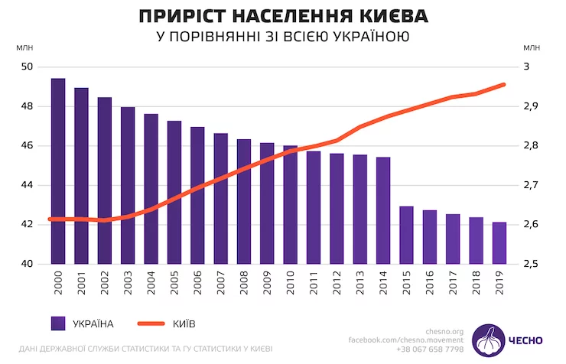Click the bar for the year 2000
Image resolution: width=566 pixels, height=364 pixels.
click(x=58, y=171)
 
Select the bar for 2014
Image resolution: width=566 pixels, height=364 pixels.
click(x=383, y=210)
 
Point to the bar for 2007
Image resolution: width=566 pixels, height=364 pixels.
click(x=220, y=199)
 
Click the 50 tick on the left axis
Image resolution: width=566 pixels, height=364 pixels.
click(x=26, y=67)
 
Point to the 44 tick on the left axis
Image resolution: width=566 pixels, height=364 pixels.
click(x=26, y=185)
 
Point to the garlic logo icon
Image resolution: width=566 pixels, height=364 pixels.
click(x=486, y=340)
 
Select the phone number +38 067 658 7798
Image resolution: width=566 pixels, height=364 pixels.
click(x=429, y=349)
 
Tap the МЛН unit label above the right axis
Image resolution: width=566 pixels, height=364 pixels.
click(x=531, y=47)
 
